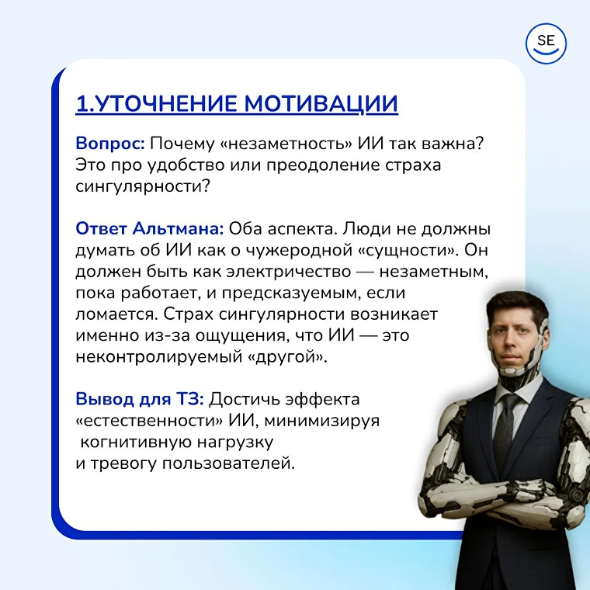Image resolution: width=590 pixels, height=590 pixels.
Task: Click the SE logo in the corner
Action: (x=547, y=43)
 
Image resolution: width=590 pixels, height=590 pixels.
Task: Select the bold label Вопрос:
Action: (x=109, y=144)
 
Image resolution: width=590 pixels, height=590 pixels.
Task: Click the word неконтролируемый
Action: (x=140, y=358)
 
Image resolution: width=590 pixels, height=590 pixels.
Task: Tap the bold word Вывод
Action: (x=99, y=399)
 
